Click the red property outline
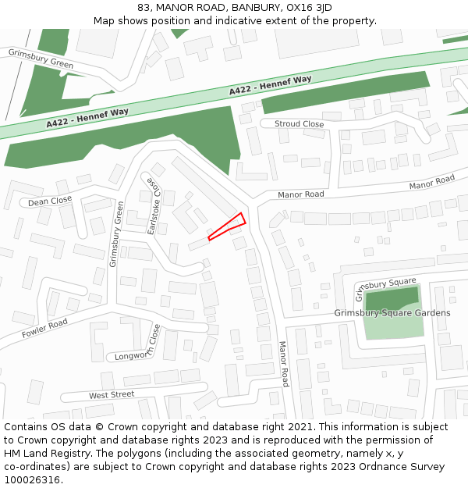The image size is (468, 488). click(227, 226)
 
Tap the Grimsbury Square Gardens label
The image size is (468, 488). click(392, 313)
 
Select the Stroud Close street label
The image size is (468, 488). click(299, 124)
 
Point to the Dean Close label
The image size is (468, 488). click(50, 201)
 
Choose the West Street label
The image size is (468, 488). click(112, 395)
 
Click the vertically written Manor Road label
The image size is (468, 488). click(284, 363)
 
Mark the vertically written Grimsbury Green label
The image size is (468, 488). click(117, 234)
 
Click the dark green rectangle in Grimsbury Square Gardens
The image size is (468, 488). click(392, 299)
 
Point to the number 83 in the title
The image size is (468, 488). click(144, 7)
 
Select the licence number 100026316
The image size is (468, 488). click(33, 480)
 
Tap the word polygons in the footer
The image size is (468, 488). click(136, 454)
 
